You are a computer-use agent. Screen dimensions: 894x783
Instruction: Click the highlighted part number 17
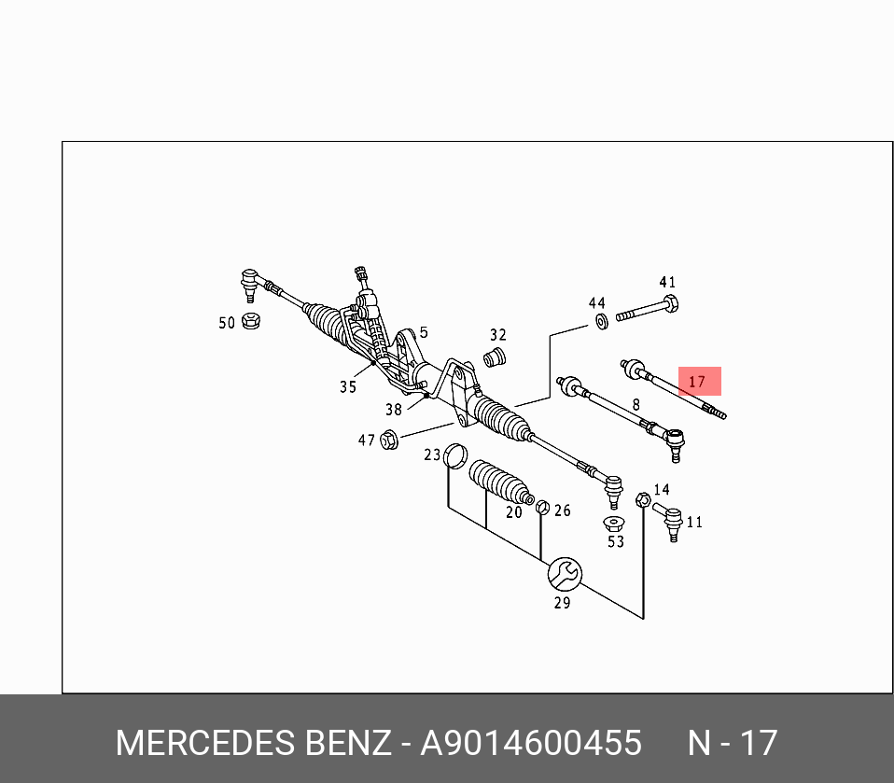698,381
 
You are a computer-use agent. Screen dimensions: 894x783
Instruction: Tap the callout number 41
666,283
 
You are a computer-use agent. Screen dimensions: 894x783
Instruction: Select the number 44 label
596,303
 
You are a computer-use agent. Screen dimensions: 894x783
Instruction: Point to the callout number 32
498,335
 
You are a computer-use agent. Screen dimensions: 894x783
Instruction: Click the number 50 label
227,323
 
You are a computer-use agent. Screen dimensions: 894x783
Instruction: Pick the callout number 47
366,440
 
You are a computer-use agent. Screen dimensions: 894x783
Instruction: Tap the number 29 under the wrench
562,602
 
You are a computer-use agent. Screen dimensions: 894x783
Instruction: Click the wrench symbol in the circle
564,573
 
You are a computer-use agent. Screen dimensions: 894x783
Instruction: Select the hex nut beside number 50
250,322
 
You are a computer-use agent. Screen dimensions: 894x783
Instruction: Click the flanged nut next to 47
390,439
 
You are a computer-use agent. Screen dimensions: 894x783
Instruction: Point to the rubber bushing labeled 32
496,357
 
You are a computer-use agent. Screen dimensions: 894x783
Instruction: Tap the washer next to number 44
601,322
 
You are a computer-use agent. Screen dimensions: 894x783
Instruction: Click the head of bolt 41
667,304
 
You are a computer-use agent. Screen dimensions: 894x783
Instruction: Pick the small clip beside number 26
540,507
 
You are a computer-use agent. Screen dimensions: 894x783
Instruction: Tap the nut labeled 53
613,523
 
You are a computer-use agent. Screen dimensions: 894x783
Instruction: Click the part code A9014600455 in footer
531,744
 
